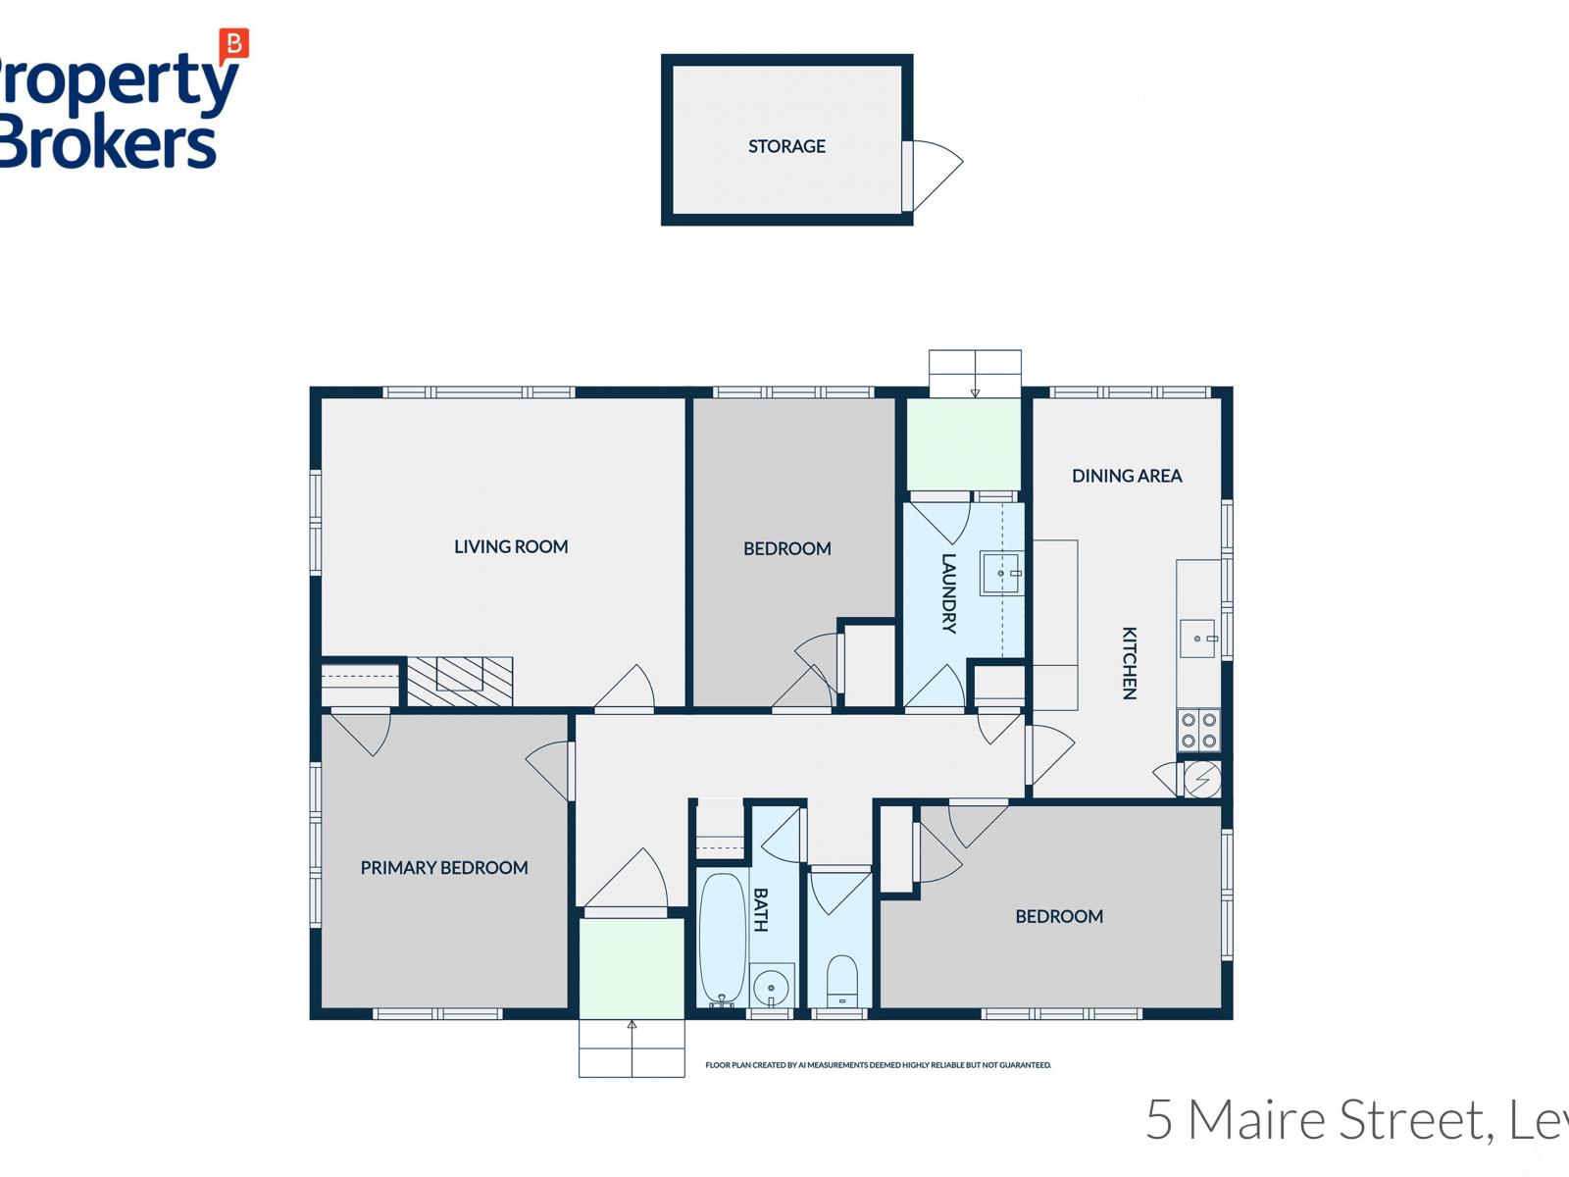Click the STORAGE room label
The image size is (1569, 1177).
pos(786,146)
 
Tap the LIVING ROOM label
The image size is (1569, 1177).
pos(511,547)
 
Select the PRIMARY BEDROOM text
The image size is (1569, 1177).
pos(444,868)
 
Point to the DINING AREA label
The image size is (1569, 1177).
pos(1127,476)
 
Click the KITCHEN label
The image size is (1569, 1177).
pos(1130,663)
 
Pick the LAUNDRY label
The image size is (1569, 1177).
pos(948,593)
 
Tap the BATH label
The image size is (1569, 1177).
pos(761,909)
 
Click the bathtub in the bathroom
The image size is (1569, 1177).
pos(722,937)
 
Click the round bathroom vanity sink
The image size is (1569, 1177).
pos(772,986)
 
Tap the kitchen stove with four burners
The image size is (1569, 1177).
pos(1198,730)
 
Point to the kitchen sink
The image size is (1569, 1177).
pos(1197,639)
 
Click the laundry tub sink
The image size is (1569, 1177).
pos(1000,574)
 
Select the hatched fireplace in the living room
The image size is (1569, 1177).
pos(460,680)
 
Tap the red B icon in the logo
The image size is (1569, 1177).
pos(234,43)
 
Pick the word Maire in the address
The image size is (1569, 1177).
pos(1259,1120)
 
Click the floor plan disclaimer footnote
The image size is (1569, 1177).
pos(878,1065)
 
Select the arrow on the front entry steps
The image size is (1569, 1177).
pos(632,1026)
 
